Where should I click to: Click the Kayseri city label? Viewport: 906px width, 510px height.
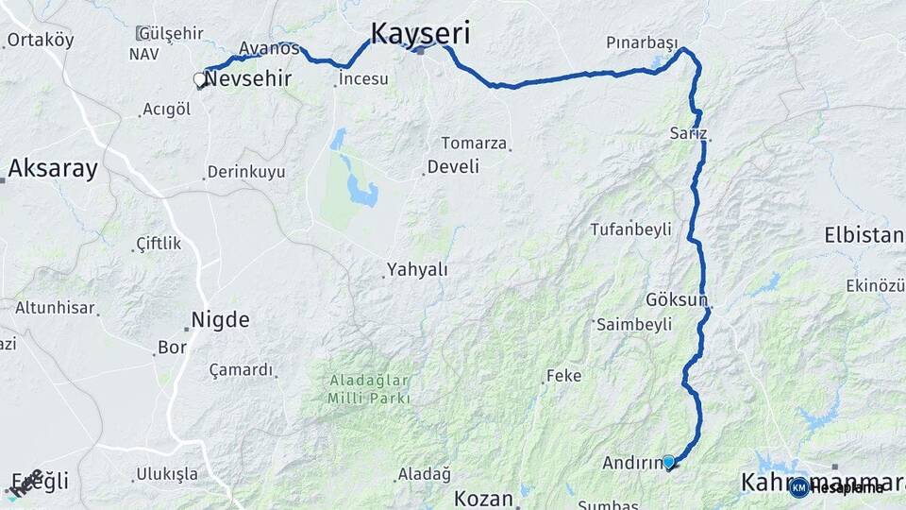point(420,33)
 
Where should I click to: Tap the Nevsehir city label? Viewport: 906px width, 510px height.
point(247,80)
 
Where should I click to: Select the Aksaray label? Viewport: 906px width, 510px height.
point(53,169)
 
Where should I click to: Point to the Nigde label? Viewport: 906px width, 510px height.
point(220,320)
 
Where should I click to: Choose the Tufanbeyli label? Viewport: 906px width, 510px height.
point(629,229)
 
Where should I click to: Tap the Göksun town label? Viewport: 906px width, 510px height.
point(677,299)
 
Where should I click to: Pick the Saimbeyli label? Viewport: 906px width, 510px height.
point(634,324)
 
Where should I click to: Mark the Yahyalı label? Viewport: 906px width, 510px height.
point(417,270)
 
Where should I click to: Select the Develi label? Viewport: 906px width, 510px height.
point(453,167)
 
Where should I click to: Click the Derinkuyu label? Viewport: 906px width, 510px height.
point(246,172)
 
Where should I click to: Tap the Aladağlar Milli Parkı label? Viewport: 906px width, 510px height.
point(368,389)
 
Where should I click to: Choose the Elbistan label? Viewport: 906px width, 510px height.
point(864,235)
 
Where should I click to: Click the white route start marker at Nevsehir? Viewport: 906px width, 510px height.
point(200,80)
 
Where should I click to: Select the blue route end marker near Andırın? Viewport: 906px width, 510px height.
point(669,462)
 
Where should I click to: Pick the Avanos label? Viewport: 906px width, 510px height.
point(269,48)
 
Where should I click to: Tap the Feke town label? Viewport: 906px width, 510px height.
point(563,376)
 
